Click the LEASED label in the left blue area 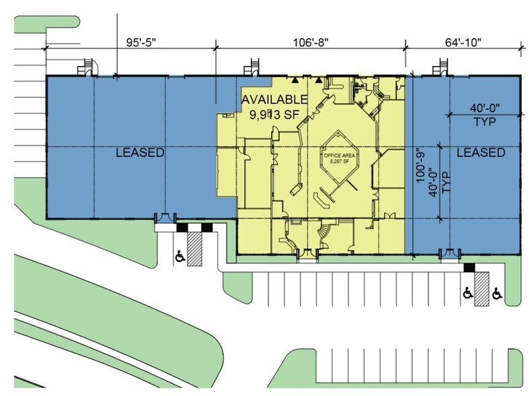pyautogui.click(x=139, y=153)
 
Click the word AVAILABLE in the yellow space pyautogui.click(x=270, y=100)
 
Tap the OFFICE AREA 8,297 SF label pyautogui.click(x=338, y=159)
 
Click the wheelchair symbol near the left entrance pyautogui.click(x=180, y=257)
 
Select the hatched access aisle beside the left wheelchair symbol pyautogui.click(x=195, y=251)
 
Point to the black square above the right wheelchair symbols pyautogui.click(x=469, y=268)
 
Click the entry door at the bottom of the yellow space pyautogui.click(x=307, y=253)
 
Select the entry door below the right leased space pyautogui.click(x=449, y=254)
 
